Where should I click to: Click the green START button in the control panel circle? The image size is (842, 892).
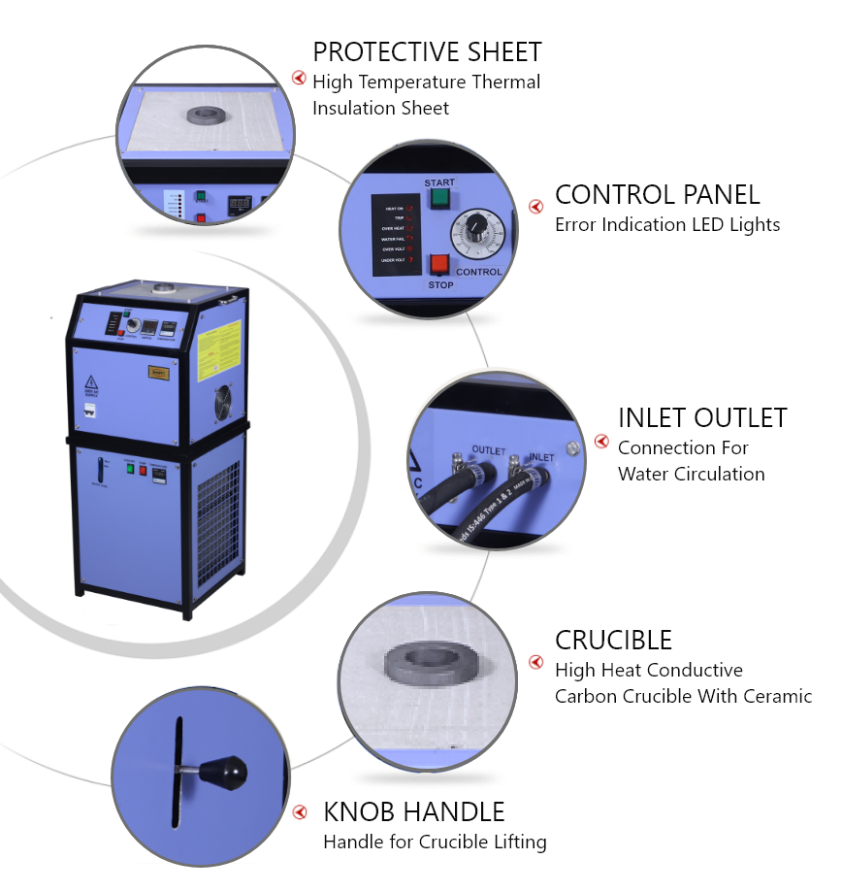(438, 199)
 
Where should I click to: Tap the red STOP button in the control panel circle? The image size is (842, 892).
(438, 264)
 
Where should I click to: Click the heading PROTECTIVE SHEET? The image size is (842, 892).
(427, 51)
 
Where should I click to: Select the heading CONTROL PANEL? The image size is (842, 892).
(657, 194)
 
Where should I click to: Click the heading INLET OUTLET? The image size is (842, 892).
(702, 417)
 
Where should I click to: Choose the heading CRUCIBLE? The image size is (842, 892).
(613, 640)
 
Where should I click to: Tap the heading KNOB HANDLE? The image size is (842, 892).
(413, 811)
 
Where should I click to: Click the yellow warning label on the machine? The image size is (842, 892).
(219, 350)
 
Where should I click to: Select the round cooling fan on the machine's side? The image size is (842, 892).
(222, 402)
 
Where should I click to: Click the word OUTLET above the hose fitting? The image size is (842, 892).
(489, 449)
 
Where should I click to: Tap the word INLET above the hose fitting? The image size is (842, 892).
(540, 456)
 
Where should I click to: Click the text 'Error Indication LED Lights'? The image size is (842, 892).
(667, 224)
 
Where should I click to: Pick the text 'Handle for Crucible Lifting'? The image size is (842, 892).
(435, 842)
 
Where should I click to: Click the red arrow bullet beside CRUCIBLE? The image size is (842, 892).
(535, 662)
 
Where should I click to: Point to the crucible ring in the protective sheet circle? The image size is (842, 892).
(206, 116)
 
